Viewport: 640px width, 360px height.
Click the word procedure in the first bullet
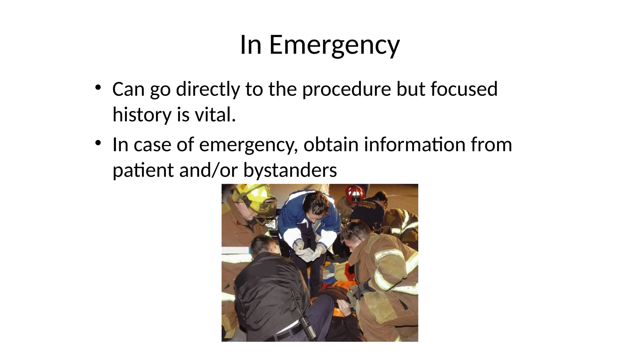click(x=346, y=89)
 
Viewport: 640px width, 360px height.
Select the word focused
click(x=464, y=89)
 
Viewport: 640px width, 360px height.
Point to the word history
click(x=142, y=115)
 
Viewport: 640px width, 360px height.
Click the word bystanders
click(x=290, y=171)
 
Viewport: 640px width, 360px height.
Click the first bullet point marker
click(x=98, y=87)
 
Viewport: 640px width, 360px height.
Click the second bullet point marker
click(x=98, y=143)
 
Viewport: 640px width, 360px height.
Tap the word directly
click(x=208, y=89)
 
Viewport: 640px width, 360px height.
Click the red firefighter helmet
click(x=354, y=192)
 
